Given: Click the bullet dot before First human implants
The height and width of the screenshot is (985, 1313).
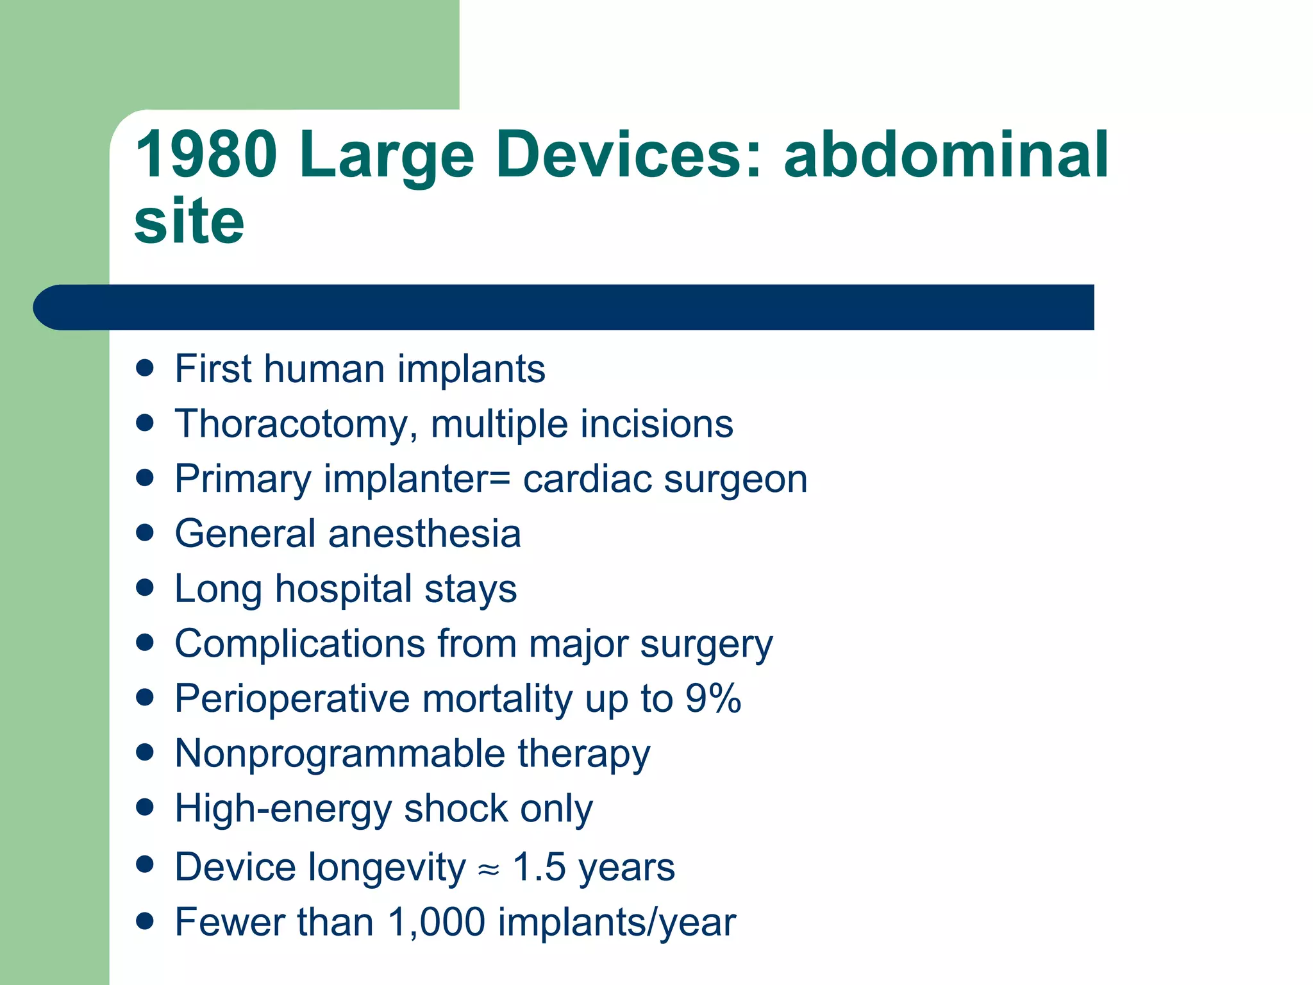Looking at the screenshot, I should tap(146, 368).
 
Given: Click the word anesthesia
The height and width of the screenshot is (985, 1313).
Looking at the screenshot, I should tap(424, 534).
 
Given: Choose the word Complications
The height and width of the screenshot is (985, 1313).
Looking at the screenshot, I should tap(299, 643).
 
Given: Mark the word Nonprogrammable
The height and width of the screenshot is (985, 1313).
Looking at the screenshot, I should tap(340, 753).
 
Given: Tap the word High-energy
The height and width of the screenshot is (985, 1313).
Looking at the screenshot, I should tap(283, 808).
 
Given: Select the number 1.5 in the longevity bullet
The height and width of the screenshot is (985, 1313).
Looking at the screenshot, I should tap(539, 867).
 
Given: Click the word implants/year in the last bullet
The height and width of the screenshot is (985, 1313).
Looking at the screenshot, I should tap(616, 922).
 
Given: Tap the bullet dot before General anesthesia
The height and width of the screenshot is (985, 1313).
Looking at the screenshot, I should tap(146, 533).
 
